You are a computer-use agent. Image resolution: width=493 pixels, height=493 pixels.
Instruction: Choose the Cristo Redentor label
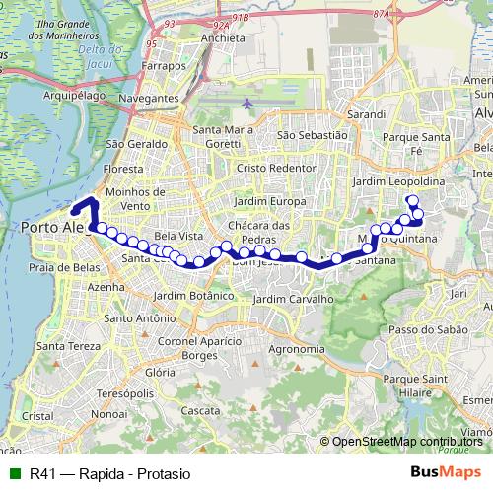click(x=266, y=169)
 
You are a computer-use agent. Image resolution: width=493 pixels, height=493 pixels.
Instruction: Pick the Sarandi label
click(x=365, y=114)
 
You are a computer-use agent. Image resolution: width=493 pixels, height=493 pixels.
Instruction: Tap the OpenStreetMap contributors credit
click(x=409, y=443)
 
